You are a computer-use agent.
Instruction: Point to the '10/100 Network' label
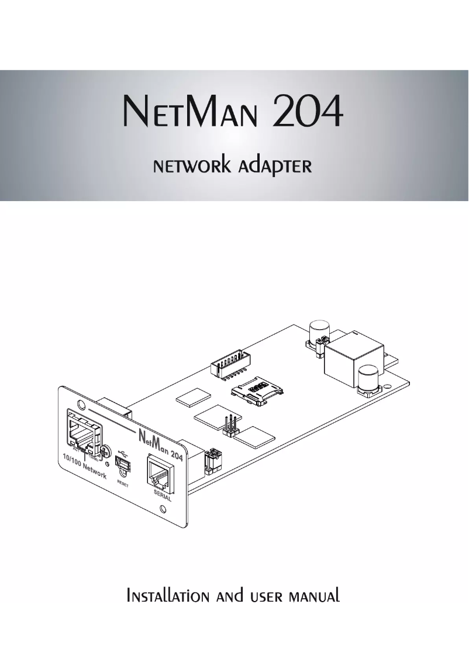(x=85, y=468)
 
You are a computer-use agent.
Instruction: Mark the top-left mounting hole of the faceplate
(x=78, y=403)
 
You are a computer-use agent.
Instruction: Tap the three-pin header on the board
(x=230, y=426)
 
